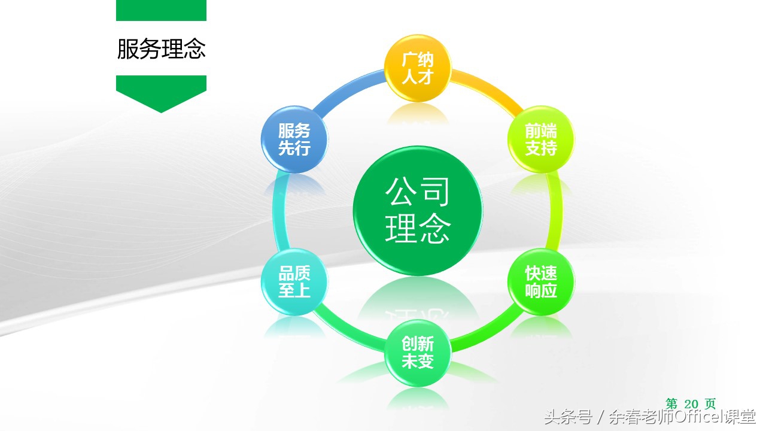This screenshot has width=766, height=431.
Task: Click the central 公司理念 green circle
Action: [417, 211]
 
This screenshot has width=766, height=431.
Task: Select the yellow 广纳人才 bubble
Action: [417, 68]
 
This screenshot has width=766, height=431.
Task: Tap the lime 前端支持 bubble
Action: [541, 139]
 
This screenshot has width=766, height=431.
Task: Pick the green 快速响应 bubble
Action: [541, 282]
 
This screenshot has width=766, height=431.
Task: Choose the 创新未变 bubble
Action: [417, 353]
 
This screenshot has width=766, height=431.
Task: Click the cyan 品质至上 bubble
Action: [294, 282]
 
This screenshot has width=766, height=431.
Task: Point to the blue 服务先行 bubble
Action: [294, 139]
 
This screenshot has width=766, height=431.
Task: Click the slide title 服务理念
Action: [161, 49]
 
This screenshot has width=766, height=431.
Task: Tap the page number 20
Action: [691, 404]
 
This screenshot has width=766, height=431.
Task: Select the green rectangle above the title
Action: [161, 10]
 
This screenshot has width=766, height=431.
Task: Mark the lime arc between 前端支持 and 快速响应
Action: [558, 211]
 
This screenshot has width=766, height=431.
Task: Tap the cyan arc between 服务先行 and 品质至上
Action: [277, 211]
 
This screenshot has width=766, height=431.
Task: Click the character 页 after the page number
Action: [710, 404]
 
